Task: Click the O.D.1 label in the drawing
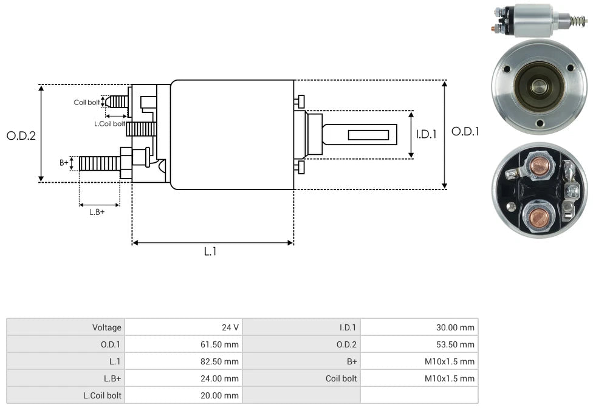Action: click(x=465, y=132)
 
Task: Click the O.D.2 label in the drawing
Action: click(x=21, y=135)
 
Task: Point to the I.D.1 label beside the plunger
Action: click(x=426, y=134)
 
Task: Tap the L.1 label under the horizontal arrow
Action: click(x=210, y=251)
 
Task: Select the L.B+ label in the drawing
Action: click(x=97, y=212)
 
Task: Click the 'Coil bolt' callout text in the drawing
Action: click(x=86, y=102)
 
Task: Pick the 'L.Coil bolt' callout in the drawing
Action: click(x=109, y=123)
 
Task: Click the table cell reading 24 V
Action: click(x=230, y=327)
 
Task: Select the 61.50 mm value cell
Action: click(x=220, y=344)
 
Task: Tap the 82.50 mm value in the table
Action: click(x=220, y=361)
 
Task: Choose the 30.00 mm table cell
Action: click(x=455, y=327)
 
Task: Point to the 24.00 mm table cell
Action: click(x=220, y=378)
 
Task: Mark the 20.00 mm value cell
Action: click(x=220, y=395)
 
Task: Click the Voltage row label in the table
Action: click(x=106, y=327)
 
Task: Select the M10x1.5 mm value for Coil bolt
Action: click(x=449, y=378)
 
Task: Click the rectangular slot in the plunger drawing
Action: click(x=368, y=134)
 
